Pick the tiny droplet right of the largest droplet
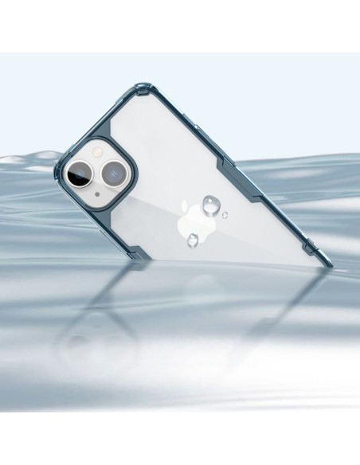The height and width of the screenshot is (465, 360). (226, 213)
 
